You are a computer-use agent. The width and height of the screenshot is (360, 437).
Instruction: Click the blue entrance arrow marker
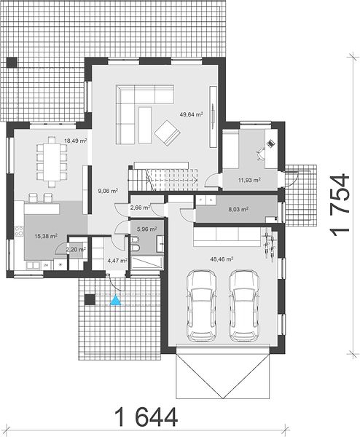tap(115, 300)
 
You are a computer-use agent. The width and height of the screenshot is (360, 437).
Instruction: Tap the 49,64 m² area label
tap(191, 114)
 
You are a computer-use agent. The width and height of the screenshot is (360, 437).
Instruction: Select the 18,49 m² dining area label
tap(76, 141)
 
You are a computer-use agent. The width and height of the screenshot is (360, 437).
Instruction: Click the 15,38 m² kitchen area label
tap(46, 236)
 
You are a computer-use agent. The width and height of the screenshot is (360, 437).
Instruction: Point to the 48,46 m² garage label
tap(222, 259)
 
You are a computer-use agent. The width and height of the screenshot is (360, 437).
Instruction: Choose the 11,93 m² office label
tap(249, 180)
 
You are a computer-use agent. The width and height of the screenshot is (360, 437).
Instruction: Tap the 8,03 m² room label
tap(238, 209)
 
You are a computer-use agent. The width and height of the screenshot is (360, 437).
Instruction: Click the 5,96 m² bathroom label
tap(146, 229)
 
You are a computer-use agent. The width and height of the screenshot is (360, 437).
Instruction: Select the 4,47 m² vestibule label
tap(117, 261)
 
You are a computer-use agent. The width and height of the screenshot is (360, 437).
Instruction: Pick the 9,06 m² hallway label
tap(108, 191)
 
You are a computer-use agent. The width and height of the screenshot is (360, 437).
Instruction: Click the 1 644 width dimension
tap(146, 417)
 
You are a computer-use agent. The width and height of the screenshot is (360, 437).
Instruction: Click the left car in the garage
tap(202, 305)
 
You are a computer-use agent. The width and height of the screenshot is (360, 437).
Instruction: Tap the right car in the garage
tap(244, 305)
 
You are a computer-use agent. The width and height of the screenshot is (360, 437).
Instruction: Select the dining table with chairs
tap(52, 162)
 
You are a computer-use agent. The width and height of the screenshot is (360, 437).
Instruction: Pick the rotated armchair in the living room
tap(167, 133)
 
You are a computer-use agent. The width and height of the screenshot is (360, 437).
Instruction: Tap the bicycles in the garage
tap(269, 245)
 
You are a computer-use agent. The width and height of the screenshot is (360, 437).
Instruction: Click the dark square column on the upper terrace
tap(12, 62)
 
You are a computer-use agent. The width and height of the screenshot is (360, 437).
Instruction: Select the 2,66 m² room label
tap(140, 208)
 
